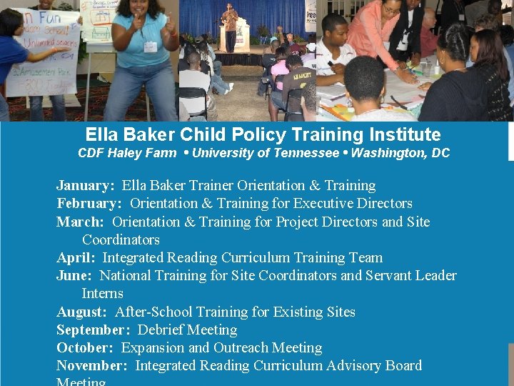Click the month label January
pos(85,186)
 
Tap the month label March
pos(80,222)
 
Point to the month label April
pos(76,258)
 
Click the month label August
pos(81,312)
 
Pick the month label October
pos(85,348)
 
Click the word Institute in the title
pos(406,134)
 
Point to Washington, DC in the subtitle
pos(400,153)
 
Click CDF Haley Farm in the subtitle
pos(127,153)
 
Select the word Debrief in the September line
pos(160,330)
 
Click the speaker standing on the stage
pos(230,26)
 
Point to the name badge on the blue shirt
pos(150,46)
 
